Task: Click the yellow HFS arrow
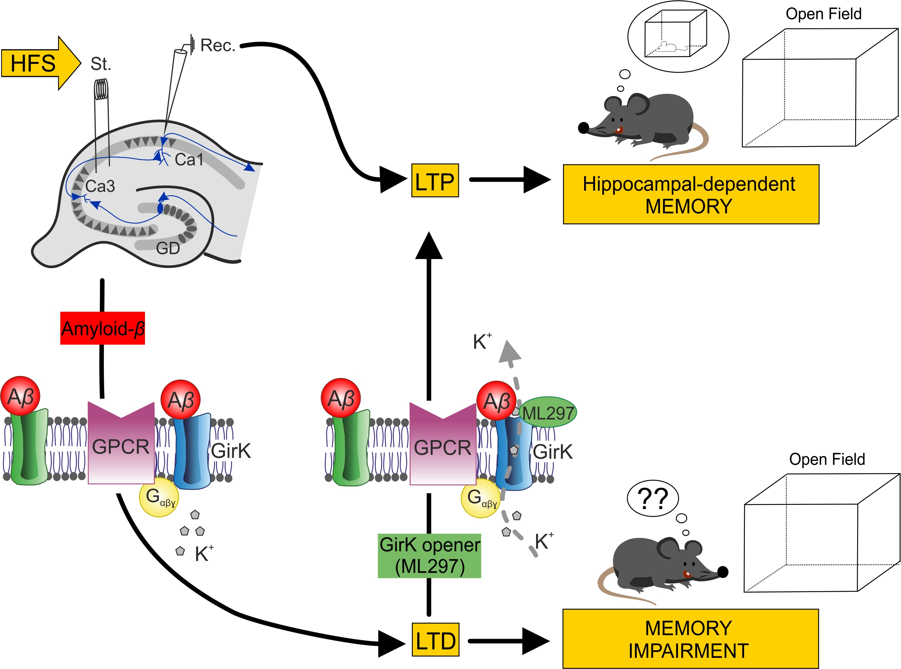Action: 38,63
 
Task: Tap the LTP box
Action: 435,181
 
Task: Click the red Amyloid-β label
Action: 102,328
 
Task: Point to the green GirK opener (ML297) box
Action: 429,556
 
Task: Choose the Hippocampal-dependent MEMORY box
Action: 690,195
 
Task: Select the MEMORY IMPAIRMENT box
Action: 690,639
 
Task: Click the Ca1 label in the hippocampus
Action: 189,160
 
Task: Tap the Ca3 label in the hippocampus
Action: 100,186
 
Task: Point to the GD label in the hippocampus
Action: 168,248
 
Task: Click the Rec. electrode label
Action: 218,45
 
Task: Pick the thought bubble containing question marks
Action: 652,498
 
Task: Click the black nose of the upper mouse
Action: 583,128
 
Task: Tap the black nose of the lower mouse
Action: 723,572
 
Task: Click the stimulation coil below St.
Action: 101,89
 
